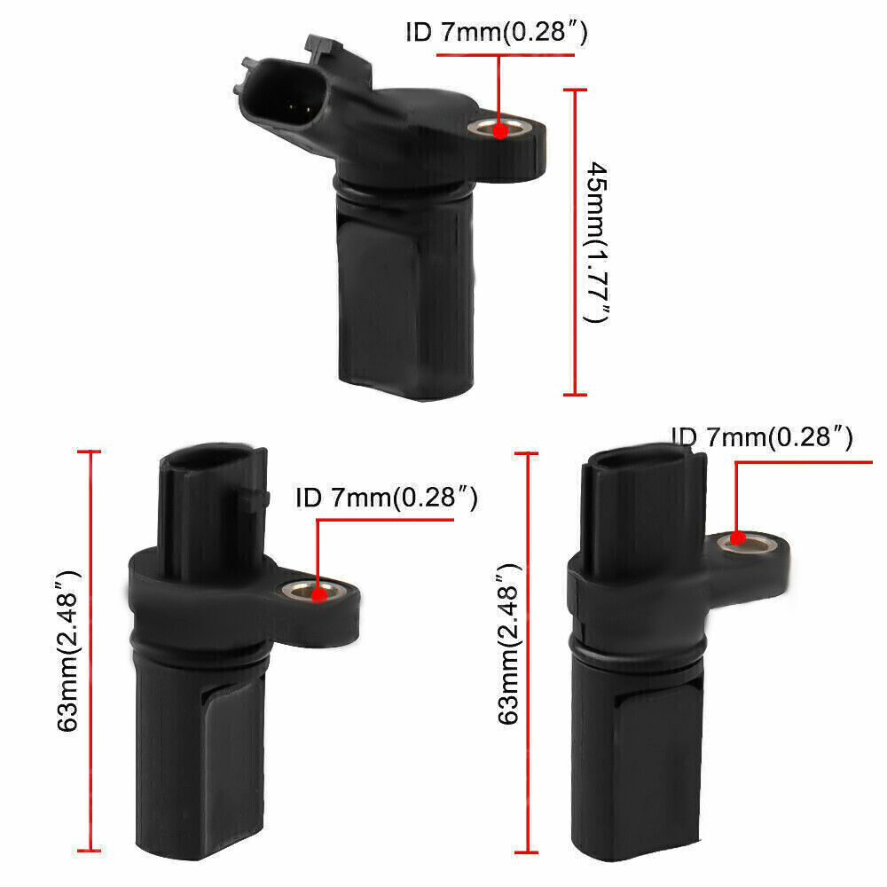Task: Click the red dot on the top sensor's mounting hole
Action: tap(499, 130)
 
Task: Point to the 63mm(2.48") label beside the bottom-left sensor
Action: tap(69, 650)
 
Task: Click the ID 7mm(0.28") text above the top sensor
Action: tap(498, 34)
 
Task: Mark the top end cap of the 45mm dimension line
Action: tap(576, 90)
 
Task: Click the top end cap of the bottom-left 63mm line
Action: tap(91, 452)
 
